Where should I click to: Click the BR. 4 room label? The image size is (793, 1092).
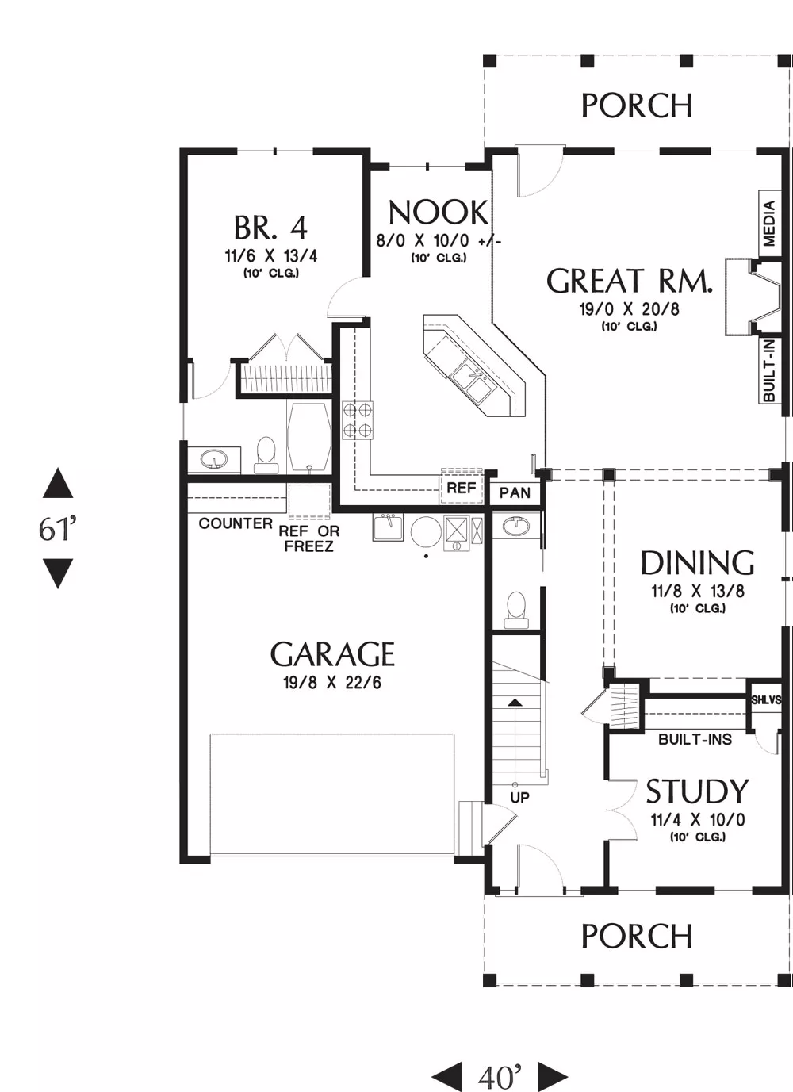tap(270, 228)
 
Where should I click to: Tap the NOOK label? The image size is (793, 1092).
tap(438, 213)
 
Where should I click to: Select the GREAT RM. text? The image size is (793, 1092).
tap(629, 281)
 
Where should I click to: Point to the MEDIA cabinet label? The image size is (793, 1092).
tap(769, 224)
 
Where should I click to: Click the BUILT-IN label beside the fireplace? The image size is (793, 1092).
tap(769, 370)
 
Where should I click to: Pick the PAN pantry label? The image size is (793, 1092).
tap(515, 492)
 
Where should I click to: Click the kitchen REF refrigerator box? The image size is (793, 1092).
tap(462, 487)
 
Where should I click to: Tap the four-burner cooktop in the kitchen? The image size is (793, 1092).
tap(358, 420)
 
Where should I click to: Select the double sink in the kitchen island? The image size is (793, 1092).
tap(473, 381)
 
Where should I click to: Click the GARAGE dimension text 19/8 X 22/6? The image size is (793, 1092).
tap(332, 683)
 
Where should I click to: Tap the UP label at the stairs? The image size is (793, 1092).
tap(519, 798)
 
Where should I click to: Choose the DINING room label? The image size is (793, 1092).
tap(698, 563)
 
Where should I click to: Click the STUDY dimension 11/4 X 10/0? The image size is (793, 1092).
tap(698, 819)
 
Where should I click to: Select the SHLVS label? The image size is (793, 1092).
tap(766, 700)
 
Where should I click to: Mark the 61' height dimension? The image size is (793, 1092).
tap(58, 528)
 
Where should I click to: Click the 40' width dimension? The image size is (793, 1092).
tap(500, 1077)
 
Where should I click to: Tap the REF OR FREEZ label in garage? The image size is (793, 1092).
tap(309, 538)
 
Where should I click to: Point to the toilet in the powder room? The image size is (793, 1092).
tap(515, 610)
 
